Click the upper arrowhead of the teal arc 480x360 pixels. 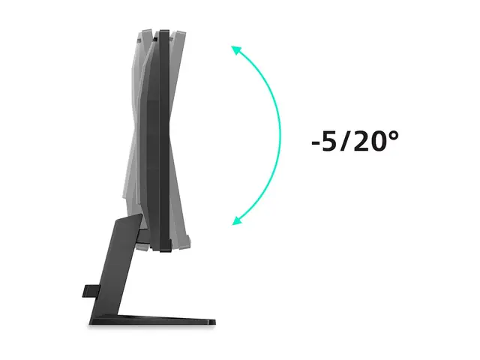click(236, 51)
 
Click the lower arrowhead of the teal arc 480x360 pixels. click(237, 220)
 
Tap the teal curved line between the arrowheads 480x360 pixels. click(280, 135)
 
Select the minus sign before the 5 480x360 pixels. click(316, 143)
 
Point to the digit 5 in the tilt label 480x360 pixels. click(329, 141)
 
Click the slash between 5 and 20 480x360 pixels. click(345, 141)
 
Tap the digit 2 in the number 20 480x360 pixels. click(361, 141)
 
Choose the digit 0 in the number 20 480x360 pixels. click(378, 141)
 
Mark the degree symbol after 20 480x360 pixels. click(393, 136)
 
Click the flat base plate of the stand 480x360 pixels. click(153, 320)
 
